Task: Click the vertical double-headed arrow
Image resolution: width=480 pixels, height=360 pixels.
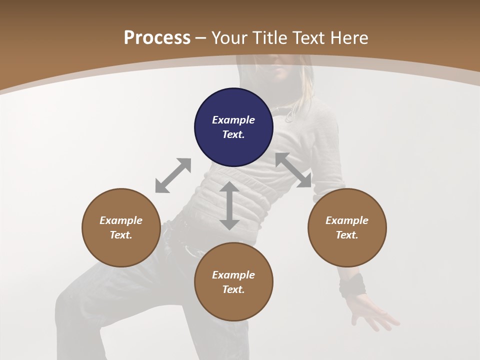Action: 229,205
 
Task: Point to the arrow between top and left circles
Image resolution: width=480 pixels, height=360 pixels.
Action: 173,175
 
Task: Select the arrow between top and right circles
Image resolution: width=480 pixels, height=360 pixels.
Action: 293,170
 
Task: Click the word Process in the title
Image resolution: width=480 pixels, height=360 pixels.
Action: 157,38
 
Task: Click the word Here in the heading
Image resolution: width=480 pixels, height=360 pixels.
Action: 349,38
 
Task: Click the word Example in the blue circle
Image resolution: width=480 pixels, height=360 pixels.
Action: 233,120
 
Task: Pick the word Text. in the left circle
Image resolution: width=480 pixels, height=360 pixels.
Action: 121,235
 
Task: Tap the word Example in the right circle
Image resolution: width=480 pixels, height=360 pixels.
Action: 347,220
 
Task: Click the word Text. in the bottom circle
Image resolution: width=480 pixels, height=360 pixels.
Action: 233,289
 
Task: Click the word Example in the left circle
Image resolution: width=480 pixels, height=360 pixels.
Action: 121,220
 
